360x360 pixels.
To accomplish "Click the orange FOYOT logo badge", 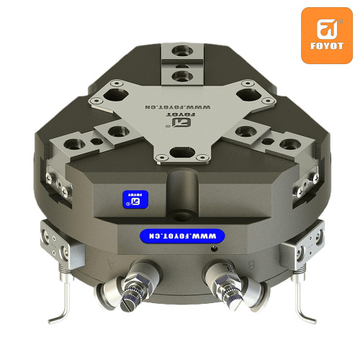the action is click(327, 35).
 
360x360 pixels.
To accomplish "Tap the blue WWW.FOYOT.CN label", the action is click(182, 236).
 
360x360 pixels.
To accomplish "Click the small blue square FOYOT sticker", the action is click(135, 199).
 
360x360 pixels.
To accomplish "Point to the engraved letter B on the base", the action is click(251, 266).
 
